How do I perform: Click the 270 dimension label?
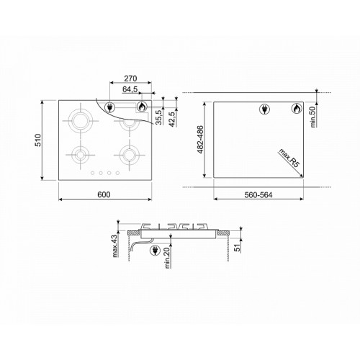130,78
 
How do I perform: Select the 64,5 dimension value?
130,89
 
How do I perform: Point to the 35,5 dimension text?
158,117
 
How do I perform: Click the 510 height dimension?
38,140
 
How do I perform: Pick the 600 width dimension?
104,194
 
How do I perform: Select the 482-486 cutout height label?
200,140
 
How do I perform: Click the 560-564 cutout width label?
258,195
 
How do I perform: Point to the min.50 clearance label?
312,117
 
